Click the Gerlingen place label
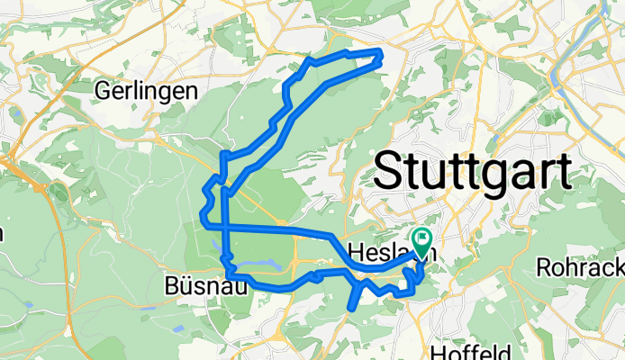point(146,91)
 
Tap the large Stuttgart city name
point(472,169)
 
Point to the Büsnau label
point(202,287)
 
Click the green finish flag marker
point(421,239)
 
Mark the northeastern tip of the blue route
point(382,55)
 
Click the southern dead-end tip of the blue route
point(350,309)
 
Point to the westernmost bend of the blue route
point(201,215)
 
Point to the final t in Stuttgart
point(563,169)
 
